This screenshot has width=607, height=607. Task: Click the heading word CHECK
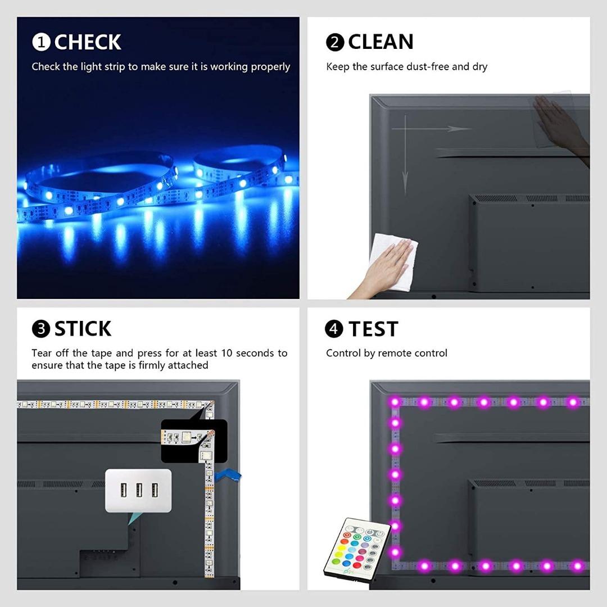tap(88, 42)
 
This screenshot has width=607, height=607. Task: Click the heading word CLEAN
tap(380, 42)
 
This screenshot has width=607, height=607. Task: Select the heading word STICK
tap(83, 329)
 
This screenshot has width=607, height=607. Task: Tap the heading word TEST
tap(373, 329)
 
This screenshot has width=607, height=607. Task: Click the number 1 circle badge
tap(41, 42)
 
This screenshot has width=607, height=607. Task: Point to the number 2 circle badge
tap(335, 42)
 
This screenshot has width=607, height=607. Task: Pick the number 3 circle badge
tap(41, 329)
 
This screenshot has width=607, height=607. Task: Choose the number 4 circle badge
tap(334, 329)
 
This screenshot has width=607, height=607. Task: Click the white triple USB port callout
tap(138, 490)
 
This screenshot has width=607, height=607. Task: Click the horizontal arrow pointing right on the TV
tap(433, 129)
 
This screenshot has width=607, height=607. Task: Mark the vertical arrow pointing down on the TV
tap(405, 157)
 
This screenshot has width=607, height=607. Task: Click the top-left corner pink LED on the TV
tap(395, 402)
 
